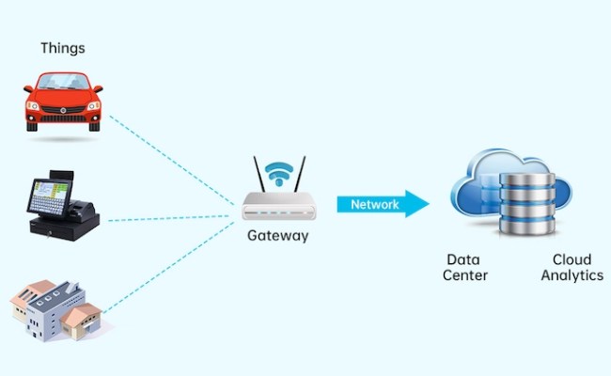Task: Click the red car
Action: coord(63,102)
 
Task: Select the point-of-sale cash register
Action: coord(61,206)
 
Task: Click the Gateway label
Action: coord(277,236)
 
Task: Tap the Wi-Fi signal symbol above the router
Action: coord(278,172)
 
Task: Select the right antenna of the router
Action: coord(301,174)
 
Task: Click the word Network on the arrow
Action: coord(374,204)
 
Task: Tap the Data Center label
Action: coord(466,268)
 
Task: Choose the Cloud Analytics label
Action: coord(572,268)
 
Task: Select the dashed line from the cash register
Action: coord(169,219)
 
